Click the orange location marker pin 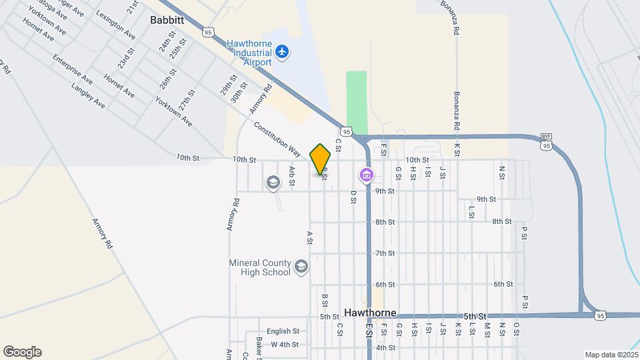(x=321, y=159)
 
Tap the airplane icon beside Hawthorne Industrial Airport (x=282, y=51)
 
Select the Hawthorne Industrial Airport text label (x=249, y=53)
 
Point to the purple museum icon (x=366, y=175)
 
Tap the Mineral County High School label (x=259, y=267)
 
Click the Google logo (x=22, y=352)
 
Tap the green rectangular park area (x=357, y=103)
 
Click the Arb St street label (x=292, y=175)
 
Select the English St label (x=283, y=331)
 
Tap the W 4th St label (x=285, y=345)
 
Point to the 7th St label (x=385, y=253)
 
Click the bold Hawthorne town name (x=371, y=313)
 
